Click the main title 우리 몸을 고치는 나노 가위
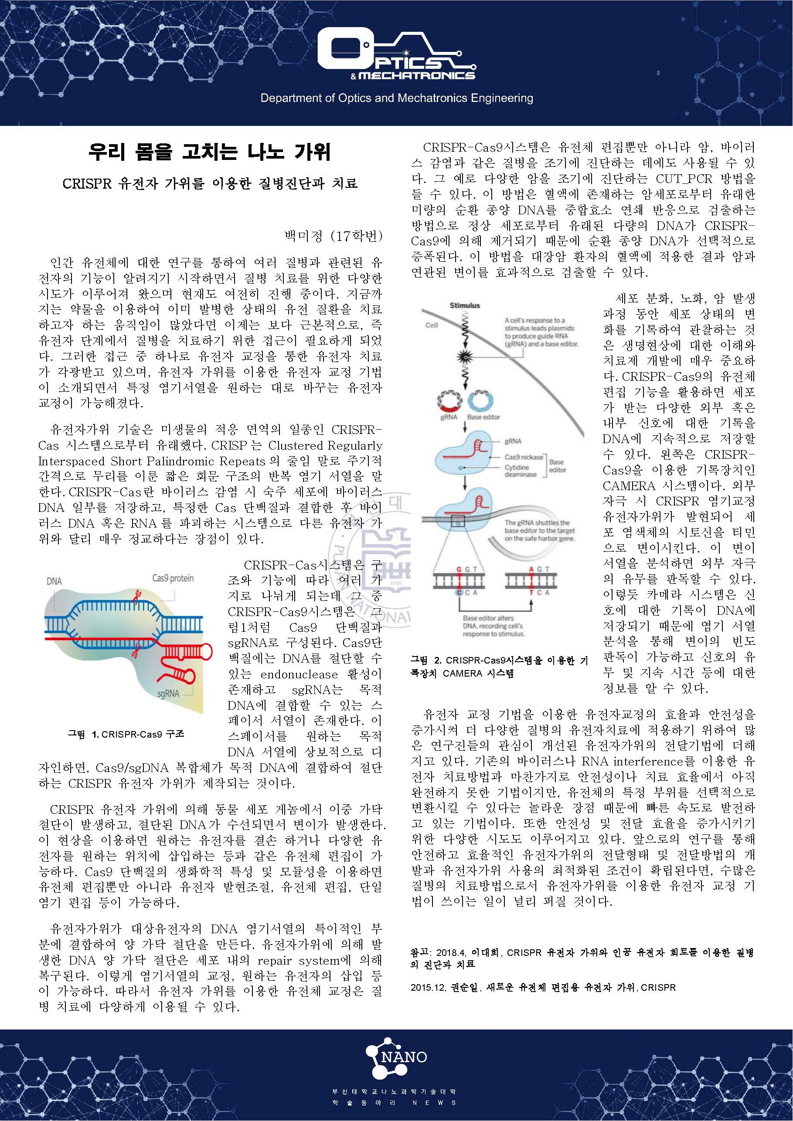[x=210, y=152]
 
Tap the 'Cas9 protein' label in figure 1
[x=173, y=578]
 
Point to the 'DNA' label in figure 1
[x=54, y=581]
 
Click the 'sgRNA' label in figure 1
[x=168, y=693]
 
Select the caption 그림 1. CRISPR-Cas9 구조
[x=126, y=734]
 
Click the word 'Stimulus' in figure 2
[x=465, y=306]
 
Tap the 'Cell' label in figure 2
[x=432, y=325]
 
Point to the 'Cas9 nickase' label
[x=524, y=457]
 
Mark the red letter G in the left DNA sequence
[x=459, y=569]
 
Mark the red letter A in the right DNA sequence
[x=531, y=569]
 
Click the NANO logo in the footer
[x=396, y=1058]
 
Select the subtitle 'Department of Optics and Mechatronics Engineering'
[x=396, y=98]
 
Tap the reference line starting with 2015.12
[x=543, y=987]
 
